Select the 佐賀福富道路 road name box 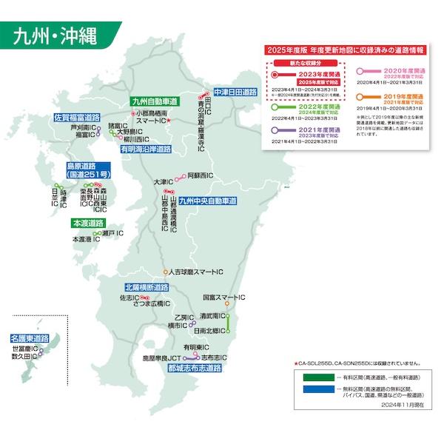click(77, 117)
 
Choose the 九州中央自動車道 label click(207, 201)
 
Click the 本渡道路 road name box click(87, 223)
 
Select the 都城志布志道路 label click(195, 367)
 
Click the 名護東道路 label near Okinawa click(30, 337)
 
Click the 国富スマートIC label click(224, 297)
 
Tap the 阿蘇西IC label click(201, 175)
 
